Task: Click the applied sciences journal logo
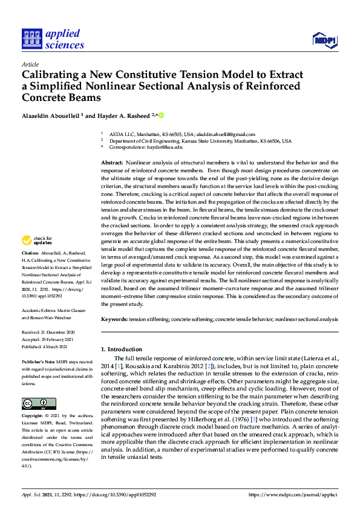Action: point(53,39)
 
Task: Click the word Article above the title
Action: point(30,64)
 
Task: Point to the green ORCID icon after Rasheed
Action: point(162,114)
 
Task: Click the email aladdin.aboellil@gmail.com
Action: point(226,134)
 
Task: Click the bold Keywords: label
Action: point(114,319)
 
